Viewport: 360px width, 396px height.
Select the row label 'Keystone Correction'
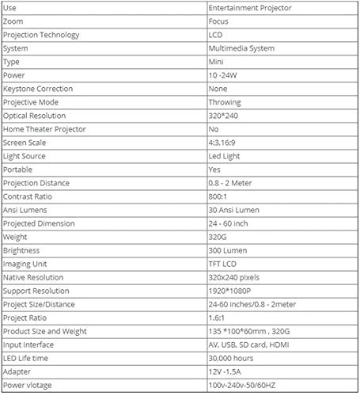pyautogui.click(x=38, y=88)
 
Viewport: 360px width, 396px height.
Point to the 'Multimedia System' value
pyautogui.click(x=241, y=48)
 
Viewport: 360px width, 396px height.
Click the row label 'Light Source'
pyautogui.click(x=25, y=156)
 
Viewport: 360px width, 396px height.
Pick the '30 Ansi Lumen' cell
pyautogui.click(x=233, y=209)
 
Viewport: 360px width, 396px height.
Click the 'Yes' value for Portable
pyautogui.click(x=214, y=169)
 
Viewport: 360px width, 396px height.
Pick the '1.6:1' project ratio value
pyautogui.click(x=217, y=317)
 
